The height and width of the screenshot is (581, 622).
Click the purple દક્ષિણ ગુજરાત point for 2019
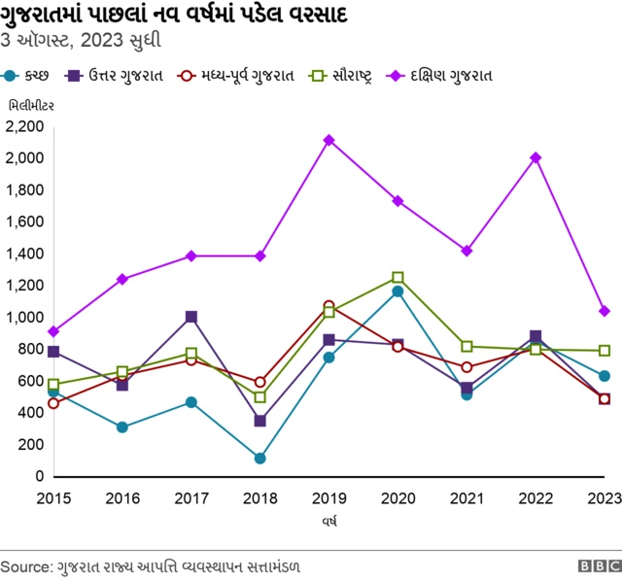328,140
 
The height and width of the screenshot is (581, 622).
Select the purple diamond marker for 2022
536,157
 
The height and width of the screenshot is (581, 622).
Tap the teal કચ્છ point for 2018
259,458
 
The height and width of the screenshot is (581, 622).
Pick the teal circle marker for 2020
397,290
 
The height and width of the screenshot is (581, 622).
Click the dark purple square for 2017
191,317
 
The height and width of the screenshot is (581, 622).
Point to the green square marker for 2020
397,277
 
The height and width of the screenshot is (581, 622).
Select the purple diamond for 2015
53,331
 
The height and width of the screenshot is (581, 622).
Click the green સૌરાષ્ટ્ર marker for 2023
605,351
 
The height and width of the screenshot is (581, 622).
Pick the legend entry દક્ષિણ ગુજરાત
448,75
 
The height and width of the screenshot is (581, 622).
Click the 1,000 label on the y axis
25,317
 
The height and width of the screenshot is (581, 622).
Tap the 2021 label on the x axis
466,497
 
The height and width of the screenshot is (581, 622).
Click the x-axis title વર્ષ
328,522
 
